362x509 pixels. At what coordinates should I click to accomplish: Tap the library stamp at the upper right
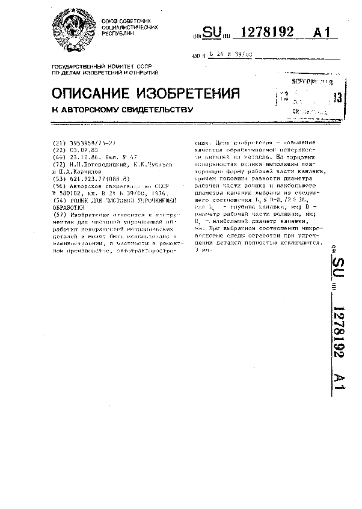tap(308, 96)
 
